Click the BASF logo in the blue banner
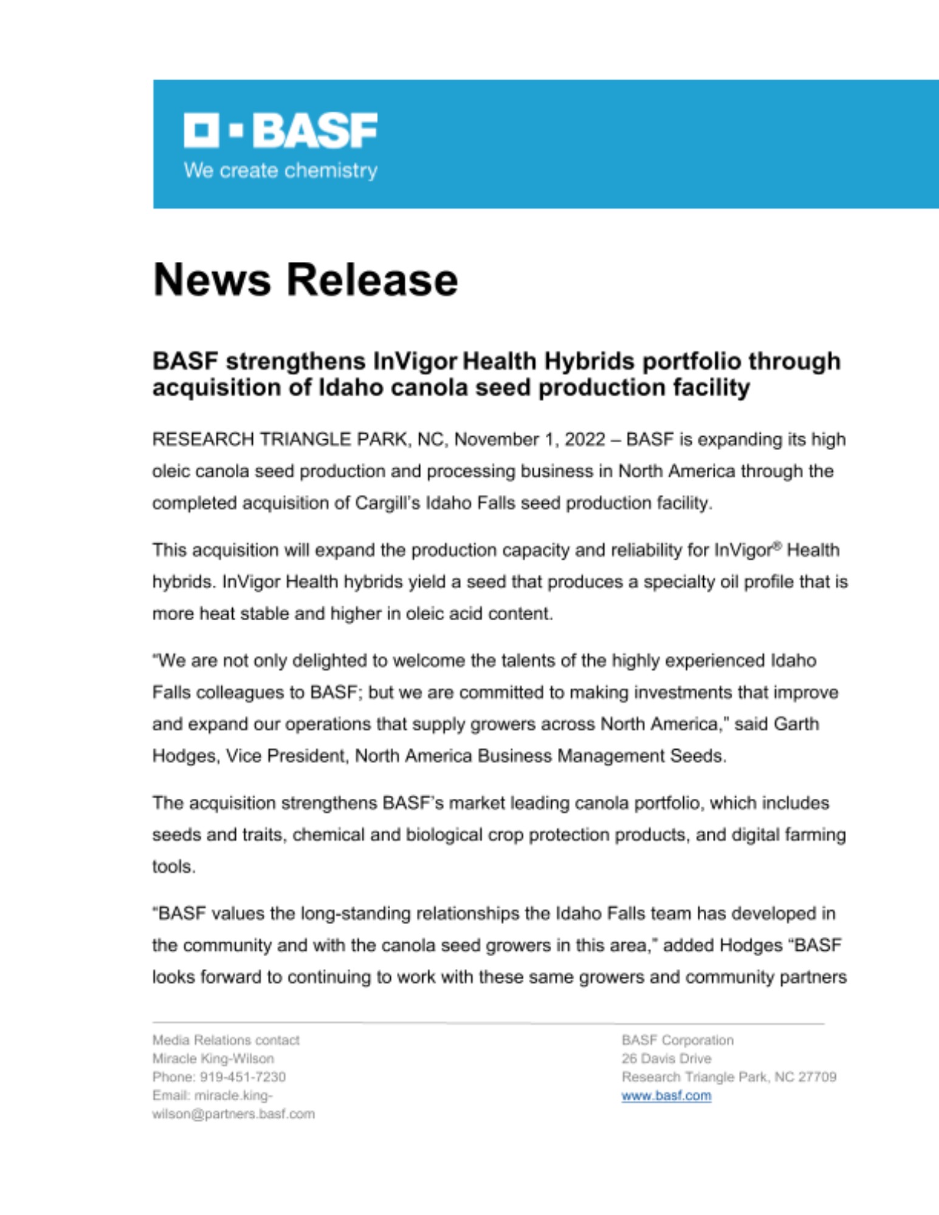click(x=280, y=130)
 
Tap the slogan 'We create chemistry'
click(x=280, y=171)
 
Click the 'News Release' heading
click(x=305, y=280)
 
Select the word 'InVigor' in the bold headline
click(x=414, y=361)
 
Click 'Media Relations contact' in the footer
click(x=225, y=1040)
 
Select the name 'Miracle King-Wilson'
click(x=213, y=1058)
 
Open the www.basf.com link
click(x=666, y=1095)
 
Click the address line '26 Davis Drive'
click(x=666, y=1058)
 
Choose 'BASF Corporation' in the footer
click(x=677, y=1040)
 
